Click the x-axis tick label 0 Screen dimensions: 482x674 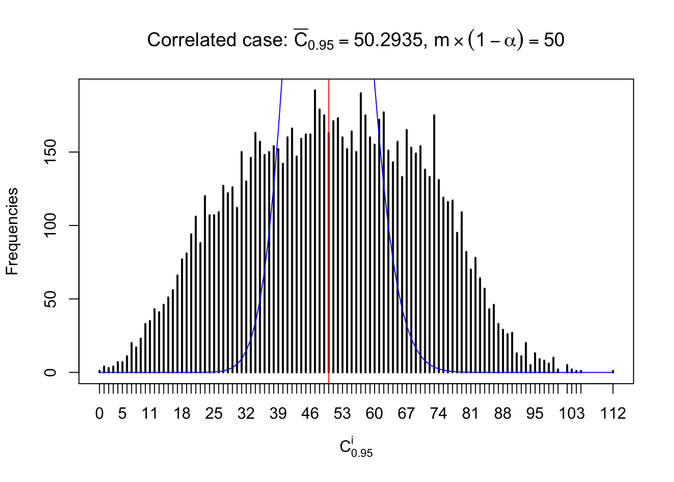tap(99, 414)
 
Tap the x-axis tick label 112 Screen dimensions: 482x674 tap(613, 414)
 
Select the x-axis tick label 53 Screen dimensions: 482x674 tap(342, 414)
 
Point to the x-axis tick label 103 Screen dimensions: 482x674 tap(572, 414)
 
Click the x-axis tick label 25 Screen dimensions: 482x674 tap(214, 414)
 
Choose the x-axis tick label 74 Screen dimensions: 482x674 tap(438, 414)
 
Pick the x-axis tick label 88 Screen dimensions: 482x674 tap(502, 414)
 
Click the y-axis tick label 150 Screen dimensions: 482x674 tap(50, 152)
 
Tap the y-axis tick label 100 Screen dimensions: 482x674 tap(50, 225)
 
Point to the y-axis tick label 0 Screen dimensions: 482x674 tap(50, 373)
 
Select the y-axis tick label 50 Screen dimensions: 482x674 tap(50, 299)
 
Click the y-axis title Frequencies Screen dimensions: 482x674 tap(12, 231)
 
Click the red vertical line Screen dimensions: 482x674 tap(328, 226)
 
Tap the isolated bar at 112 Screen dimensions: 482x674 tap(613, 372)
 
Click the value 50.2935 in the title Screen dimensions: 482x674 tap(388, 40)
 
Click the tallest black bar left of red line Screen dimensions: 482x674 tap(315, 231)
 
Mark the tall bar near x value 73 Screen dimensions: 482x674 tap(434, 241)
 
